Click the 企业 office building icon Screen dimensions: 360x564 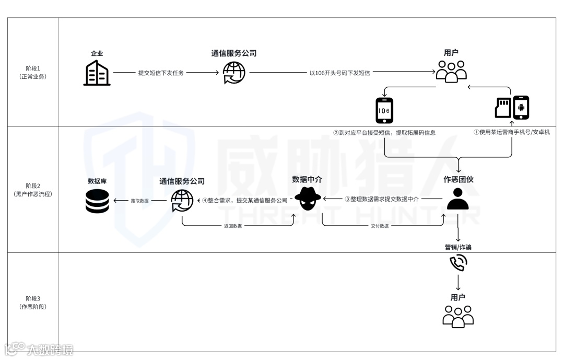coord(97,73)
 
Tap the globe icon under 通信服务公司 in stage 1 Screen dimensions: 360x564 coord(233,73)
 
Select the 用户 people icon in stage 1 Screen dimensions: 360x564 coord(451,72)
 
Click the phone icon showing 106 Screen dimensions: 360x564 coord(384,110)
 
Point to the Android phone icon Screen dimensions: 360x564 coord(521,108)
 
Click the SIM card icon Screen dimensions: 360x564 coord(502,108)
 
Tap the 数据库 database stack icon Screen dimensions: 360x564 coord(97,201)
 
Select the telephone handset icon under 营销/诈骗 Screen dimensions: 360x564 coord(458,263)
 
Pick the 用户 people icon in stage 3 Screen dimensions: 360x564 coord(458,316)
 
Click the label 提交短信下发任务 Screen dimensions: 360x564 coord(161,73)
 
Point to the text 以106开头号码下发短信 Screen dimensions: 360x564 coord(339,73)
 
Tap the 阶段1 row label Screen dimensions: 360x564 coord(32,72)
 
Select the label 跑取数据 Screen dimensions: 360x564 coord(139,201)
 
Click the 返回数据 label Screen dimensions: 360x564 coord(233,226)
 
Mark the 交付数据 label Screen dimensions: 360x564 coord(380,226)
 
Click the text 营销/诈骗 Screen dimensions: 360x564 coord(458,247)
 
